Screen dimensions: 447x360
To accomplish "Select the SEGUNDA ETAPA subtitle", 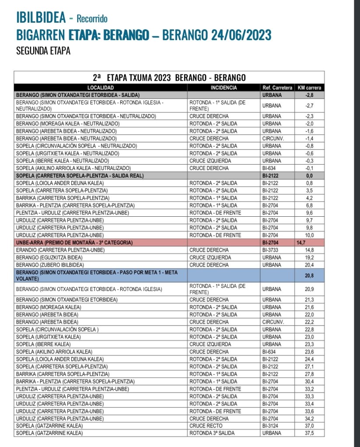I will click(x=43, y=51).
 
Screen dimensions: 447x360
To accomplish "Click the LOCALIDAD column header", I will click(x=101, y=88).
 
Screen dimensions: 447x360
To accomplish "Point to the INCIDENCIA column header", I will click(x=224, y=88).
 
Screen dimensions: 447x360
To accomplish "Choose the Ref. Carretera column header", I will click(x=277, y=88).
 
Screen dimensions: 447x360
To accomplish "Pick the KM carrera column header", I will click(x=309, y=88).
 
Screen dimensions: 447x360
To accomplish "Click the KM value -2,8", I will click(x=310, y=95).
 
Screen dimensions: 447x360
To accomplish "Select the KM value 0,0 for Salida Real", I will click(x=310, y=176).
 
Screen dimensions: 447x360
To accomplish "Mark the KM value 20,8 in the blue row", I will click(x=310, y=275).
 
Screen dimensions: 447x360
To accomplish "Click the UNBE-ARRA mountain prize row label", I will click(x=74, y=243).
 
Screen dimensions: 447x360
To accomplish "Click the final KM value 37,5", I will click(x=310, y=433).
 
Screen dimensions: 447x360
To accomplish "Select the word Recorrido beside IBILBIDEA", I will click(x=92, y=19).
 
